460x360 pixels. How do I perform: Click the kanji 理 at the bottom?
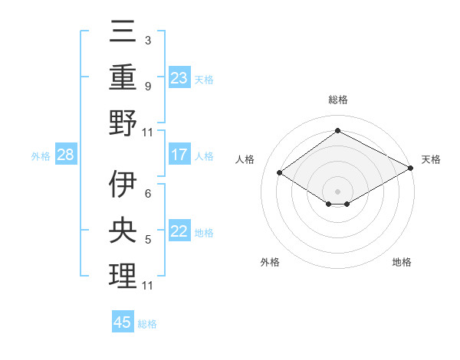point(123,277)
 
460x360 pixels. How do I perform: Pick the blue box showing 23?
point(179,77)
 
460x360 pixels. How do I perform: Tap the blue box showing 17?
point(179,155)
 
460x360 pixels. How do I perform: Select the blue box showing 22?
point(179,231)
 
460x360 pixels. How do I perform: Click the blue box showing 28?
point(66,155)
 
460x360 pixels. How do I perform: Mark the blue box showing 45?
point(123,322)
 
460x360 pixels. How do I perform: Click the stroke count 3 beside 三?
point(147,40)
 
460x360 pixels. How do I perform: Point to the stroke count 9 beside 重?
point(147,87)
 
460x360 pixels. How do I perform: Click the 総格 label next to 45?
point(147,324)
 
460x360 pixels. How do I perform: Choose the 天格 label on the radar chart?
point(431,159)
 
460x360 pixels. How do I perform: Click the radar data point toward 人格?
point(280,173)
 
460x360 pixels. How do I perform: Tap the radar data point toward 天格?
point(411,169)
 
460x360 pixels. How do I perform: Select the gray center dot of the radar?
point(337,190)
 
